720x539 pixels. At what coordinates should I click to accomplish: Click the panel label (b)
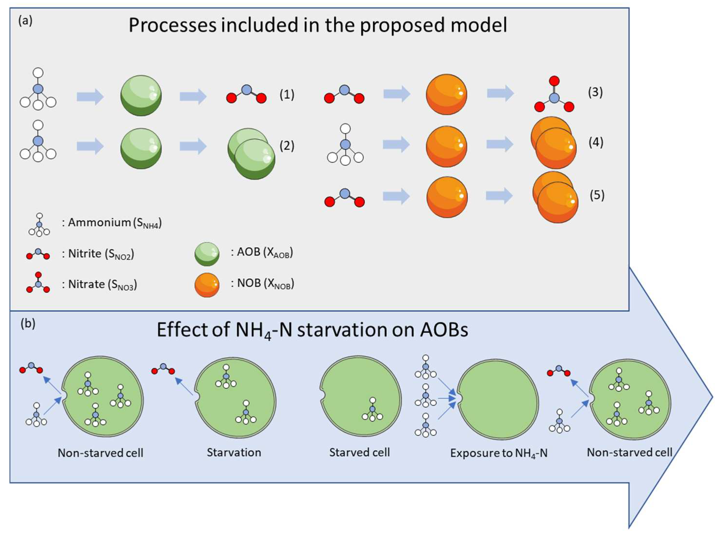[x=28, y=324]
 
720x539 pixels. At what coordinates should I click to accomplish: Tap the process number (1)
[x=287, y=95]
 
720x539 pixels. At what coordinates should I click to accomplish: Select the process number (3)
[x=595, y=92]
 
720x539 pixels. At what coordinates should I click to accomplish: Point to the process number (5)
[x=597, y=195]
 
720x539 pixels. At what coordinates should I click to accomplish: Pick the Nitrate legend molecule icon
[x=38, y=282]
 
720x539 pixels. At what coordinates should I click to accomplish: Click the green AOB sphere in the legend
[x=207, y=254]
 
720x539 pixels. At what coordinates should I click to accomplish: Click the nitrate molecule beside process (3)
[x=554, y=94]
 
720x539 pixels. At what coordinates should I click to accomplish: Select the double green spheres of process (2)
[x=251, y=154]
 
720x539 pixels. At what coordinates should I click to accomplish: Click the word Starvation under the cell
[x=234, y=452]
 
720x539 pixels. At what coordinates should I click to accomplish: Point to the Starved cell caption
[x=359, y=452]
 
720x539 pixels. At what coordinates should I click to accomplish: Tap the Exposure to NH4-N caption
[x=499, y=453]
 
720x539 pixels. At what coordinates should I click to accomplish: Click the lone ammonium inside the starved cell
[x=372, y=409]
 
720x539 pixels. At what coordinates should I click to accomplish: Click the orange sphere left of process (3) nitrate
[x=446, y=94]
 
